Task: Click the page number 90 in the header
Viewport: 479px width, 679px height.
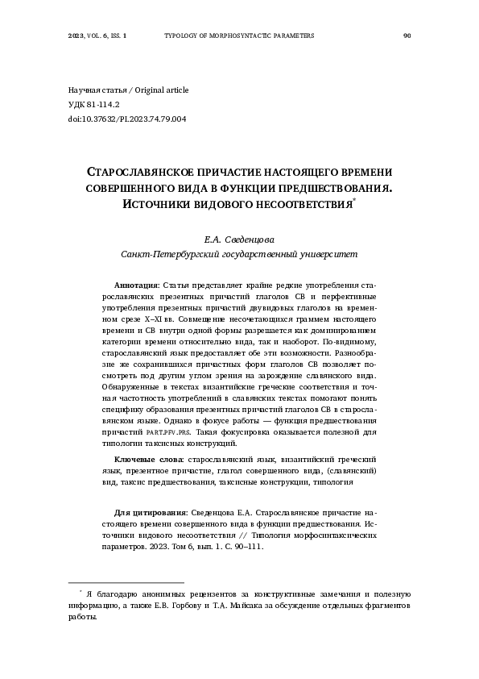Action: [407, 36]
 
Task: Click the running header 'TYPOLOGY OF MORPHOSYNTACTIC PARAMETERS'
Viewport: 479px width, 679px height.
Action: [238, 36]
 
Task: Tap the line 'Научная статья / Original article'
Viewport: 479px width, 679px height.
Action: [128, 90]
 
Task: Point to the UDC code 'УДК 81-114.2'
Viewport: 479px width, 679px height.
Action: [93, 104]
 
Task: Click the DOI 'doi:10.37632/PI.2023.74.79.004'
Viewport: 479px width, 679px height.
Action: [127, 119]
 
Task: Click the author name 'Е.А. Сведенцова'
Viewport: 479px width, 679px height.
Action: [239, 240]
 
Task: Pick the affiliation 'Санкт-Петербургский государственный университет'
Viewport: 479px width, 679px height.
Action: [239, 253]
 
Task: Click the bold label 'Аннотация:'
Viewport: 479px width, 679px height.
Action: [138, 285]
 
